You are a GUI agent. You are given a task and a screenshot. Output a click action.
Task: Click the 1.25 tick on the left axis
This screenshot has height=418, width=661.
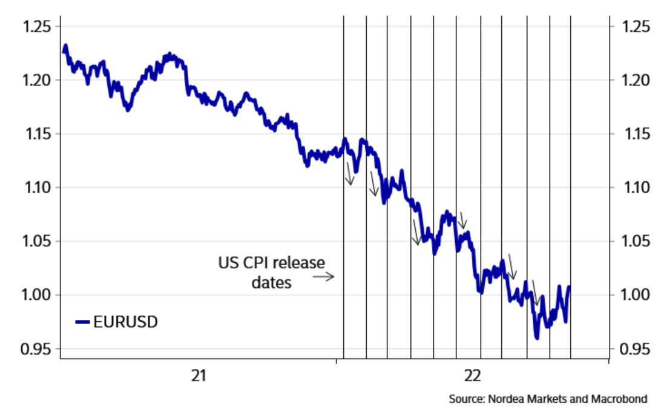pyautogui.click(x=38, y=27)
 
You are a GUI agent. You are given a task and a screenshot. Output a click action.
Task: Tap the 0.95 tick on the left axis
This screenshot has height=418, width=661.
pyautogui.click(x=38, y=349)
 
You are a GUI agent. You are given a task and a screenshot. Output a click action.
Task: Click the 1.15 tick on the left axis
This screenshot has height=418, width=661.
pyautogui.click(x=38, y=134)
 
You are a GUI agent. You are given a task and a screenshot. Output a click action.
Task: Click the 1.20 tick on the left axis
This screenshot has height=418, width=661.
pyautogui.click(x=38, y=80)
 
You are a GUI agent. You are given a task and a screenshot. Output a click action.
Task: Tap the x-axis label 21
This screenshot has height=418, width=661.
pyautogui.click(x=199, y=376)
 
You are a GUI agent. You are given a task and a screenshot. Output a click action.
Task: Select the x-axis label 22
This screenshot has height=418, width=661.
pyautogui.click(x=472, y=376)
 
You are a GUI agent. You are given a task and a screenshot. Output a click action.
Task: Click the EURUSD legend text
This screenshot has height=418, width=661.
pyautogui.click(x=126, y=322)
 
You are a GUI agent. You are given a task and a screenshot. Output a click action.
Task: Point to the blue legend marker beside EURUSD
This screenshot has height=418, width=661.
pyautogui.click(x=83, y=322)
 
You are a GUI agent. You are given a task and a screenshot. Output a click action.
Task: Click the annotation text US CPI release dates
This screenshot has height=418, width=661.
pyautogui.click(x=271, y=272)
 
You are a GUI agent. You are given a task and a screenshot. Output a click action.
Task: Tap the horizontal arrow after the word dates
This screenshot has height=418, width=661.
pyautogui.click(x=323, y=277)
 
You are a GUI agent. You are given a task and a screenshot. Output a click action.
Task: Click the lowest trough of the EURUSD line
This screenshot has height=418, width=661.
pyautogui.click(x=536, y=337)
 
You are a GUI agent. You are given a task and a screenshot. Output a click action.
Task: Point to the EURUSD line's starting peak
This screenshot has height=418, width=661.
pyautogui.click(x=65, y=45)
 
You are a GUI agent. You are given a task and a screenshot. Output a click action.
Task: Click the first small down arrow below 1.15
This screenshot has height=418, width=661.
pyautogui.click(x=349, y=173)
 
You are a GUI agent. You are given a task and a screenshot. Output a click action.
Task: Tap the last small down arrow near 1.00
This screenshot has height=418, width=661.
pyautogui.click(x=535, y=293)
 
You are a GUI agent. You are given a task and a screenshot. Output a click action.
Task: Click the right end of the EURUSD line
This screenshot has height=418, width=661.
pyautogui.click(x=570, y=287)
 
